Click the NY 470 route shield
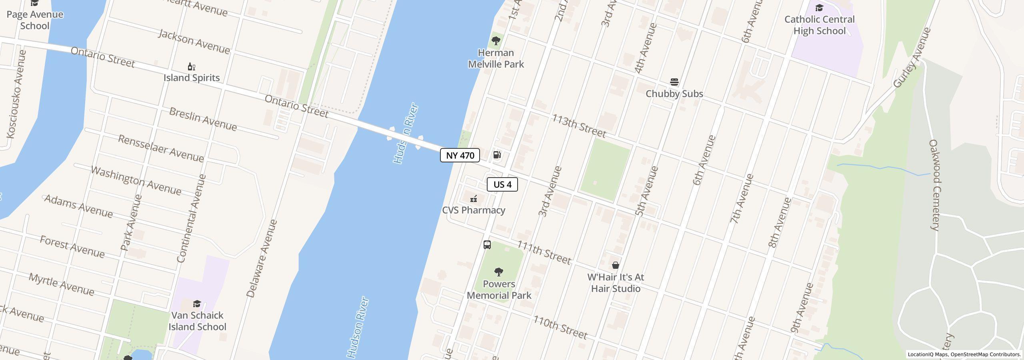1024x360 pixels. (460, 155)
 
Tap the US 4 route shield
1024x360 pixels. (502, 184)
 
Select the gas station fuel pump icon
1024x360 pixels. (497, 155)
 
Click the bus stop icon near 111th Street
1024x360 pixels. (487, 245)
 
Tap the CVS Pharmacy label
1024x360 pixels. (474, 210)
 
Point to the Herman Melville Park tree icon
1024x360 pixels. (496, 41)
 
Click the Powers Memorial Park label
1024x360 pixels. (499, 290)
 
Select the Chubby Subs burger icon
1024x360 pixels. (674, 82)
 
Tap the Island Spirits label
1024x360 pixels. (191, 78)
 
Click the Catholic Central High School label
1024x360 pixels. (819, 25)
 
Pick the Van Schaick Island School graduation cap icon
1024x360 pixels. (197, 304)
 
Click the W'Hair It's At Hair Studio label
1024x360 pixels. (616, 283)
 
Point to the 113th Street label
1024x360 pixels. (579, 126)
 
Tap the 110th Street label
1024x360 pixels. (560, 327)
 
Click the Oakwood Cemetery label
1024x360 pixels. (934, 185)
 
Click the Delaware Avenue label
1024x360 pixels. (262, 258)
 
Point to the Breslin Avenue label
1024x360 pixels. (203, 119)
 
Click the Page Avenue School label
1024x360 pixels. (35, 20)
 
